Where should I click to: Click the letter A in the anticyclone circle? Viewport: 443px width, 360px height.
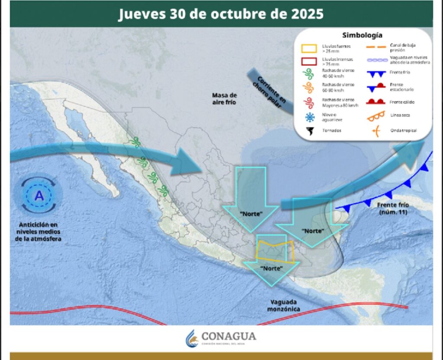(x=39, y=196)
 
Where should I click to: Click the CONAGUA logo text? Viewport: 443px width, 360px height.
(x=228, y=336)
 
